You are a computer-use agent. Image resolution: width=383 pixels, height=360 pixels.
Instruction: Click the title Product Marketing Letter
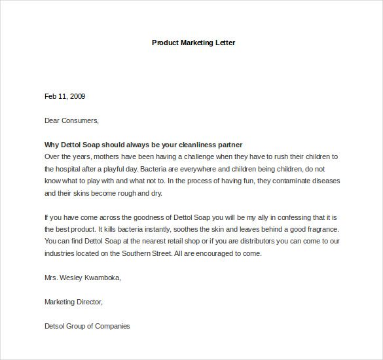[x=193, y=43]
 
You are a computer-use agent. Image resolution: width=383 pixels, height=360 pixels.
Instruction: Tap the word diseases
[x=326, y=181]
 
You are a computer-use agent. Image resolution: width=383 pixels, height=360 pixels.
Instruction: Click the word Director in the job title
[x=88, y=302]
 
